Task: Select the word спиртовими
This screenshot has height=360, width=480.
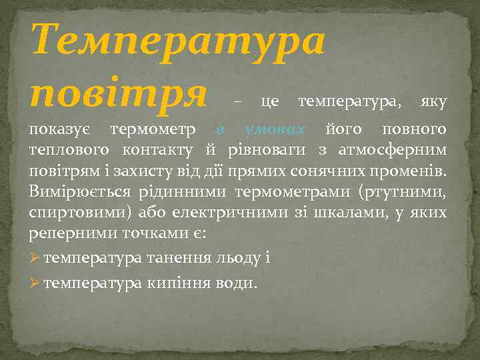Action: [75, 214]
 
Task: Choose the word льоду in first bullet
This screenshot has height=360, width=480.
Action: [239, 257]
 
